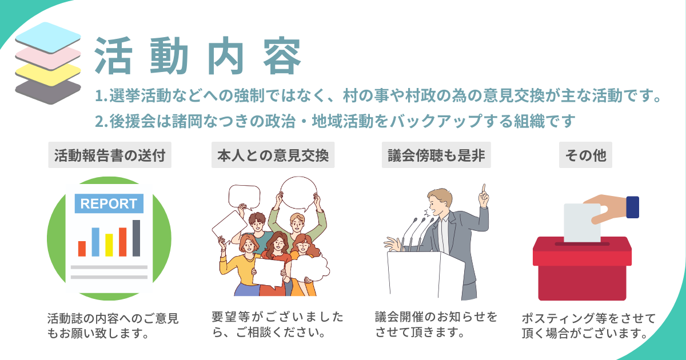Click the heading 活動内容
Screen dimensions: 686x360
coord(198,56)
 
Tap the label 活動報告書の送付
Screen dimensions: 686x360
coord(110,155)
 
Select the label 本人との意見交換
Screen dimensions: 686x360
coord(273,155)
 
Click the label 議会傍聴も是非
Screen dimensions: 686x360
coord(436,155)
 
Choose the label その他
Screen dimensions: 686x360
coord(585,155)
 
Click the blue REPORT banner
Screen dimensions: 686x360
coord(109,203)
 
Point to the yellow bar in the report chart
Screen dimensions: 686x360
coord(109,245)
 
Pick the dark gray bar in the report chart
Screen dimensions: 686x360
coord(136,238)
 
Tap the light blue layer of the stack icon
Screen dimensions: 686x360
coord(48,37)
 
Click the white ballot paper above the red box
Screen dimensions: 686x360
coord(582,223)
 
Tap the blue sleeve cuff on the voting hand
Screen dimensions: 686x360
coord(633,207)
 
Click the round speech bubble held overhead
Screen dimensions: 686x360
coord(298,194)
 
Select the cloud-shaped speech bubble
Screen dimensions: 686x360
coord(310,268)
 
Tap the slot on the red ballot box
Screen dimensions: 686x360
coord(582,244)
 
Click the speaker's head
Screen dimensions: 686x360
coord(440,202)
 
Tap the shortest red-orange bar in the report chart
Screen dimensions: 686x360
coord(82,249)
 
